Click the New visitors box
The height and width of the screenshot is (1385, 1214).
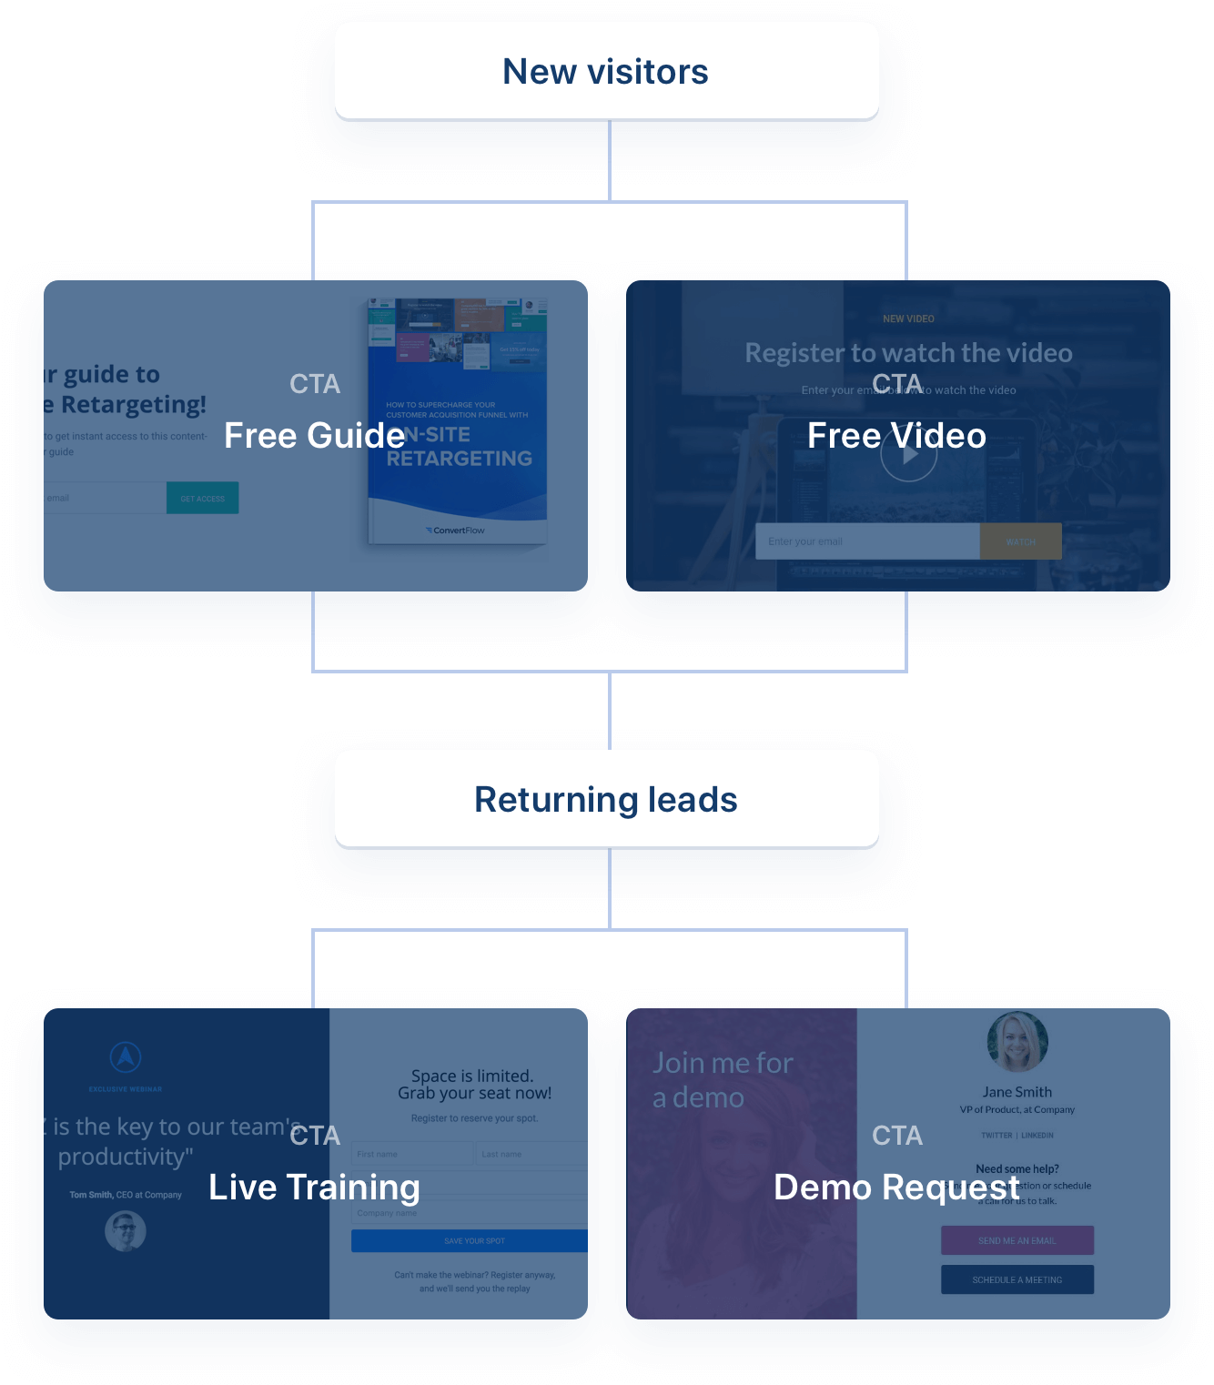tap(606, 71)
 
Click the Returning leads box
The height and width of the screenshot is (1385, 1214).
tap(606, 799)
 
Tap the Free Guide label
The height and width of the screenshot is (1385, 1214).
tap(315, 436)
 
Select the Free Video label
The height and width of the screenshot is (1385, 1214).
tap(896, 436)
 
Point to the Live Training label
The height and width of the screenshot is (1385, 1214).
tap(315, 1188)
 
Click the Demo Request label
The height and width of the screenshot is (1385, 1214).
tap(896, 1188)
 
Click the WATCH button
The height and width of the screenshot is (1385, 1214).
tap(1020, 541)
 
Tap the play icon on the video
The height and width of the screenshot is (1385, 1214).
tap(908, 455)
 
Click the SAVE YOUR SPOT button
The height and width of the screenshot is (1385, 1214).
tap(470, 1240)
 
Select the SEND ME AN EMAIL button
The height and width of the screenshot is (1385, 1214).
tap(1017, 1240)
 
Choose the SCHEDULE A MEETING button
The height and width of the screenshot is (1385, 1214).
tap(1017, 1279)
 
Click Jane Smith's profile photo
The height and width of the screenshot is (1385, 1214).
tap(1017, 1042)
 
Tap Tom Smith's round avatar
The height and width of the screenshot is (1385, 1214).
tap(126, 1231)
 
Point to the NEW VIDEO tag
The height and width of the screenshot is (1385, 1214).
tap(908, 318)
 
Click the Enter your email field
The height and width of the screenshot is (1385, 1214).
tap(866, 541)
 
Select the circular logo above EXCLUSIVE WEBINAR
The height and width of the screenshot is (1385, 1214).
tap(126, 1056)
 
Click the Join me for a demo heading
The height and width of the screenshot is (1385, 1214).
tap(723, 1080)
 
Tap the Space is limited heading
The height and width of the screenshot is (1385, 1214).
tap(474, 1084)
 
